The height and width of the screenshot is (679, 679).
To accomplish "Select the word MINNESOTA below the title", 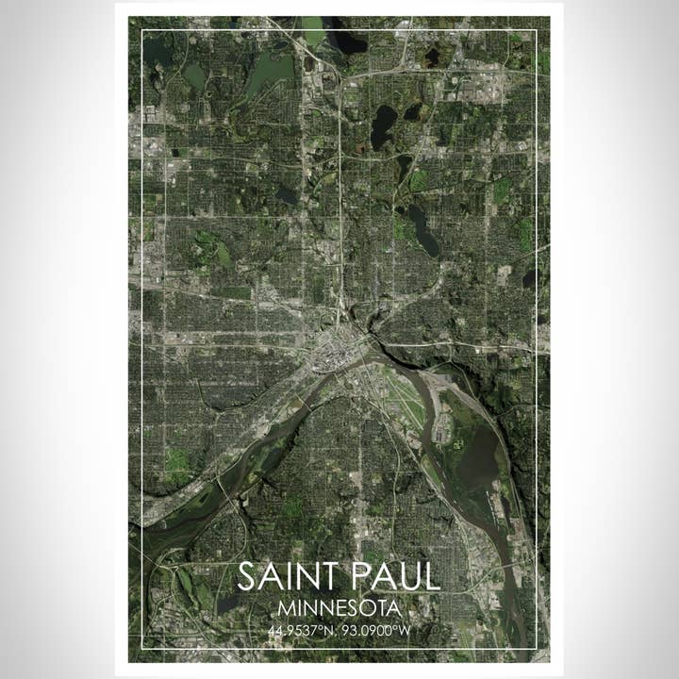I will [x=339, y=608].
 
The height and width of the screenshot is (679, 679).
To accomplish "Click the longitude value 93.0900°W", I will [x=383, y=629].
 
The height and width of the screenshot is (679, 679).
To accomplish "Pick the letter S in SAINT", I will [x=247, y=576].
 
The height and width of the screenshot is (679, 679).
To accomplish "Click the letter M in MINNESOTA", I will [x=287, y=608].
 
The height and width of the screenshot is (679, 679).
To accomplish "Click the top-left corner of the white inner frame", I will [x=142, y=30].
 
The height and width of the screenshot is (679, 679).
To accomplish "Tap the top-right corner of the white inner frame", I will [x=537, y=30].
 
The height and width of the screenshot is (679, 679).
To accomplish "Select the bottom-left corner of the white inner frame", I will [x=142, y=649].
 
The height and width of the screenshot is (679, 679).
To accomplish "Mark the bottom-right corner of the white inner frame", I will [x=537, y=649].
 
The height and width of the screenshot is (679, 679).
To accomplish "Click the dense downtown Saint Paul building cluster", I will [x=332, y=353].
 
